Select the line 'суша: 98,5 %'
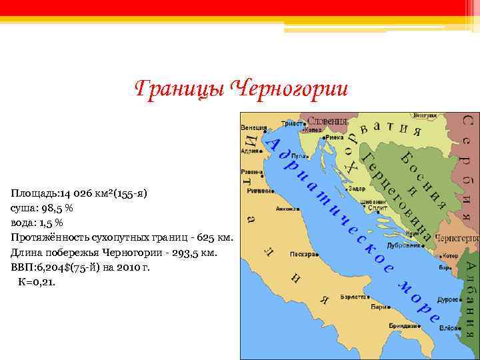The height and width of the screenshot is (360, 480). (42, 208)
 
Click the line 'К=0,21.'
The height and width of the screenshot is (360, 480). (38, 281)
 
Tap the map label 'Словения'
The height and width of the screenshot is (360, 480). (326, 121)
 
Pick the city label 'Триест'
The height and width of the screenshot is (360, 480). (289, 123)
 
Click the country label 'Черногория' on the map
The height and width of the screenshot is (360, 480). (457, 238)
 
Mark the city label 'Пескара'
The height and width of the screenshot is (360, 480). (301, 254)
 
